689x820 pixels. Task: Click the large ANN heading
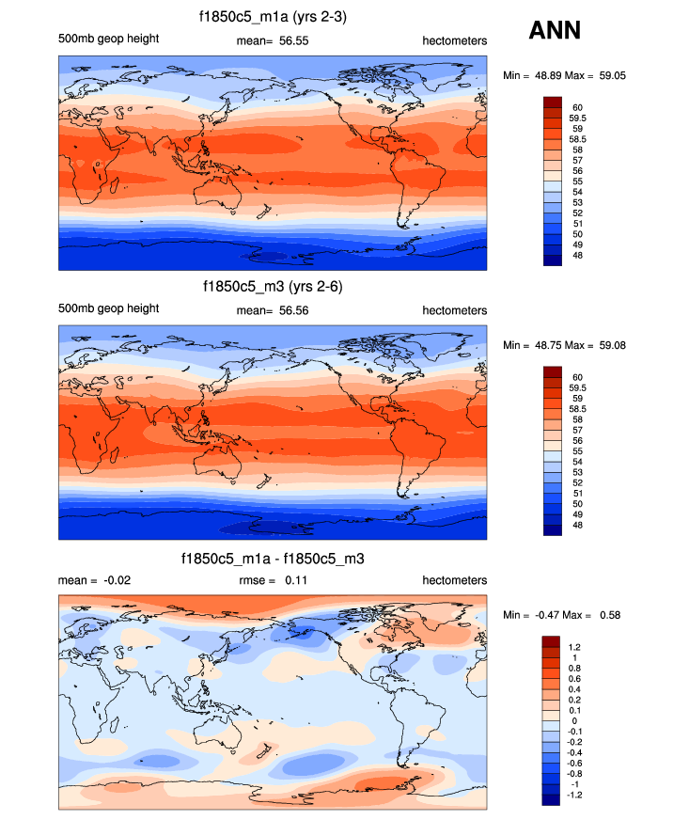pyautogui.click(x=555, y=30)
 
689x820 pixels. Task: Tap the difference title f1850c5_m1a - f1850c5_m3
pyautogui.click(x=273, y=559)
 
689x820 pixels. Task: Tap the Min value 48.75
pyautogui.click(x=548, y=345)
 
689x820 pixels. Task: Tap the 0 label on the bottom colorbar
pyautogui.click(x=575, y=721)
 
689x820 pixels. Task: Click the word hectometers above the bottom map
pyautogui.click(x=455, y=580)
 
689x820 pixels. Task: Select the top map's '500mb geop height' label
pyautogui.click(x=108, y=39)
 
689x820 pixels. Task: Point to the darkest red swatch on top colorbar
pyautogui.click(x=552, y=102)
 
